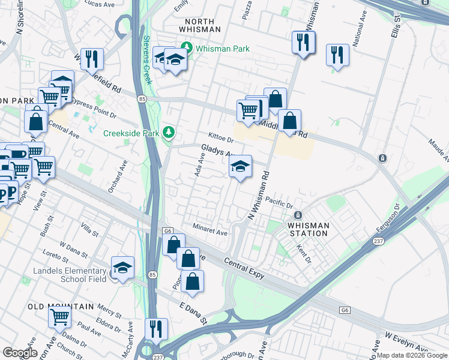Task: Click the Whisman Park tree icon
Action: click(x=187, y=47)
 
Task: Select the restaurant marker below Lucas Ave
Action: click(x=92, y=59)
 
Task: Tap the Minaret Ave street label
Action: click(x=210, y=229)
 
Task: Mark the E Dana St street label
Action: click(x=193, y=313)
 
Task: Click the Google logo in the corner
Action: click(x=20, y=352)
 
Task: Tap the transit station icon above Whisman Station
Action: click(x=296, y=215)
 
